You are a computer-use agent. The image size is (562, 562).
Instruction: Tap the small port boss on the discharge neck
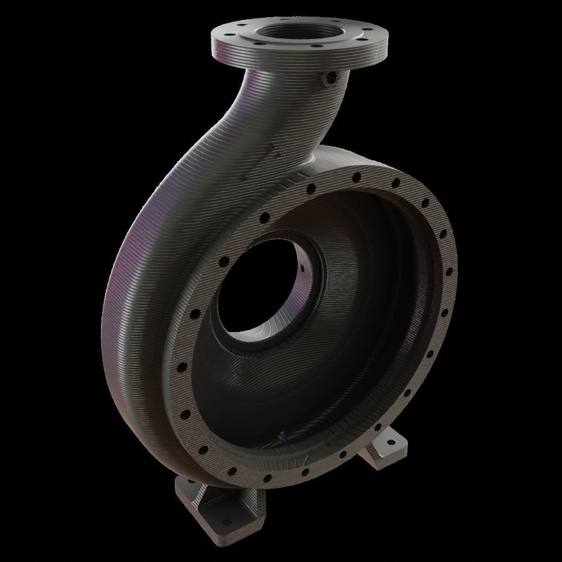point(330,78)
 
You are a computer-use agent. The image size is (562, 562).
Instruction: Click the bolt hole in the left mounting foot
point(226,521)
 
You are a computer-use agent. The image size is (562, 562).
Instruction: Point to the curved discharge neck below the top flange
point(291,114)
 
